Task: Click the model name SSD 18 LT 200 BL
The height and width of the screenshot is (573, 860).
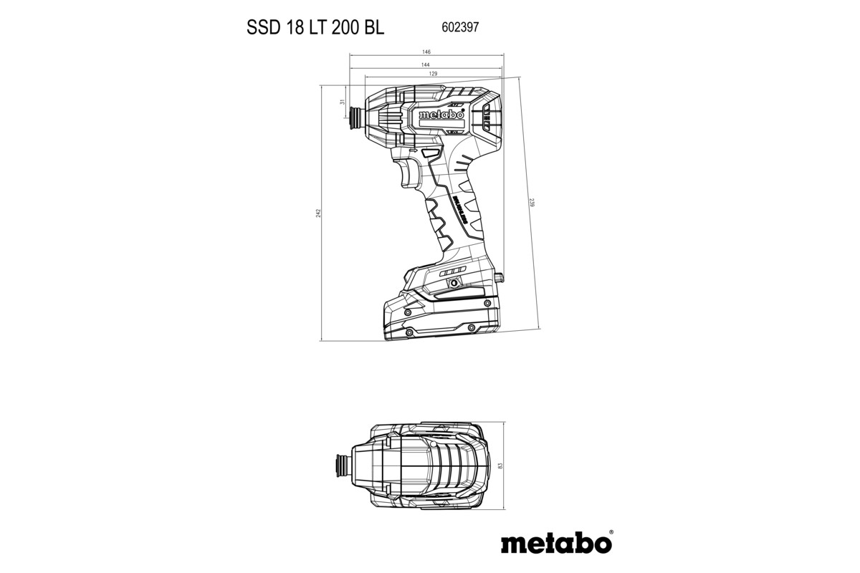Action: coord(315,27)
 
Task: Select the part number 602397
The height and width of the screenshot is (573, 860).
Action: coord(456,27)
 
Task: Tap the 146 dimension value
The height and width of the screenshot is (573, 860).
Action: coord(426,52)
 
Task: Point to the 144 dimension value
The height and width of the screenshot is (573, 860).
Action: coord(427,64)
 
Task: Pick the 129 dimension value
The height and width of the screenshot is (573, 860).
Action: coord(433,74)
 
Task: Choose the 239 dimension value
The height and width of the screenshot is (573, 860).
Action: coord(531,203)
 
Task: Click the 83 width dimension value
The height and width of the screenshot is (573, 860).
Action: coord(500,466)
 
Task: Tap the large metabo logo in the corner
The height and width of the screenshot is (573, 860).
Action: coord(555,543)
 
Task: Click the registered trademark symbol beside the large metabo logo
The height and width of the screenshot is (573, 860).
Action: coord(611,532)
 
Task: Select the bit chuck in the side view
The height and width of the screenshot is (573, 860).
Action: coord(354,114)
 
